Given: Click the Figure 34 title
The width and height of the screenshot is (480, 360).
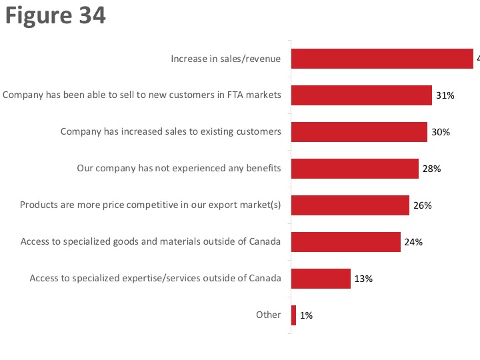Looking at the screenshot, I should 55,15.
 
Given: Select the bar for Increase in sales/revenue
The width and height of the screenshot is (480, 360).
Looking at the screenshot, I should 382,59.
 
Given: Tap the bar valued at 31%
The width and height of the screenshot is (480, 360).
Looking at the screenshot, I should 361,95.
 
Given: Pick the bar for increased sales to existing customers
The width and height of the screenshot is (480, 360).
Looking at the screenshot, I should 359,132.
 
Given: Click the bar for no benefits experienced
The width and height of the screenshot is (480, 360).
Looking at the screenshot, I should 355,169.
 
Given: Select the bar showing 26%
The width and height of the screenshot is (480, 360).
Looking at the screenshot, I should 350,205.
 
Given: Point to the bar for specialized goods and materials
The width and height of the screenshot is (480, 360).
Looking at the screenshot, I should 346,242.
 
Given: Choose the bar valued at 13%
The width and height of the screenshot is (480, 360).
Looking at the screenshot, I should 321,279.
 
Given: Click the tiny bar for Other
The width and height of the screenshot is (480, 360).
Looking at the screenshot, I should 293,315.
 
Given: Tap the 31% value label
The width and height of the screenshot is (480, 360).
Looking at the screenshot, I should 445,96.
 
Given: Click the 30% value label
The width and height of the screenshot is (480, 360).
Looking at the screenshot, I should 441,133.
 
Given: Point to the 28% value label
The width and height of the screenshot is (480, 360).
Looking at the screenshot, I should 432,169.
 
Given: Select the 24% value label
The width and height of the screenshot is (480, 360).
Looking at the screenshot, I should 414,243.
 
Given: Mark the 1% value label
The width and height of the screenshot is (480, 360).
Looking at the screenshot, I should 306,316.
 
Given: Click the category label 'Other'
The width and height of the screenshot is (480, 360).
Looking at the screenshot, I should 269,315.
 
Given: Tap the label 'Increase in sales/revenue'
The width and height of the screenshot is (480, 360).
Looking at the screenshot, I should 225,59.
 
